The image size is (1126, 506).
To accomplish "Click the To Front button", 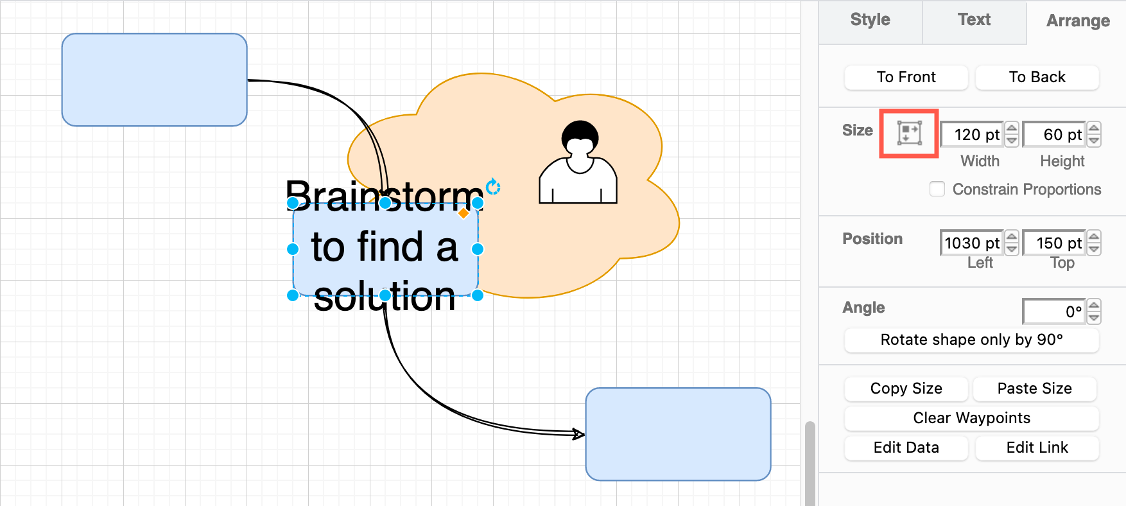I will (906, 77).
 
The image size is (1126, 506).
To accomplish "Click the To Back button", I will (1037, 77).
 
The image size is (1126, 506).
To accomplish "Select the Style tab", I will (870, 20).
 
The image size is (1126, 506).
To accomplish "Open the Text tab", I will (974, 20).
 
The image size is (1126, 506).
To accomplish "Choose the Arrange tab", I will (1078, 21).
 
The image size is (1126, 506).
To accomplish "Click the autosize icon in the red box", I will (909, 133).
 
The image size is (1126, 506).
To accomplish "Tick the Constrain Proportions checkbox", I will (937, 189).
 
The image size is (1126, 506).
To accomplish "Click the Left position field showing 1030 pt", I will (972, 243).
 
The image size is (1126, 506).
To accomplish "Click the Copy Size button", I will (906, 388).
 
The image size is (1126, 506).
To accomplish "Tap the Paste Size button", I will (1034, 388).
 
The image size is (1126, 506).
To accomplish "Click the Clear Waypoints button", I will (971, 418).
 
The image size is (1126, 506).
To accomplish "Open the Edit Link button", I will (1037, 448).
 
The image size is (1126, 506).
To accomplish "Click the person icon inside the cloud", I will (578, 163).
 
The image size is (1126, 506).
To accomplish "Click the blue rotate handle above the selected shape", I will (493, 186).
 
